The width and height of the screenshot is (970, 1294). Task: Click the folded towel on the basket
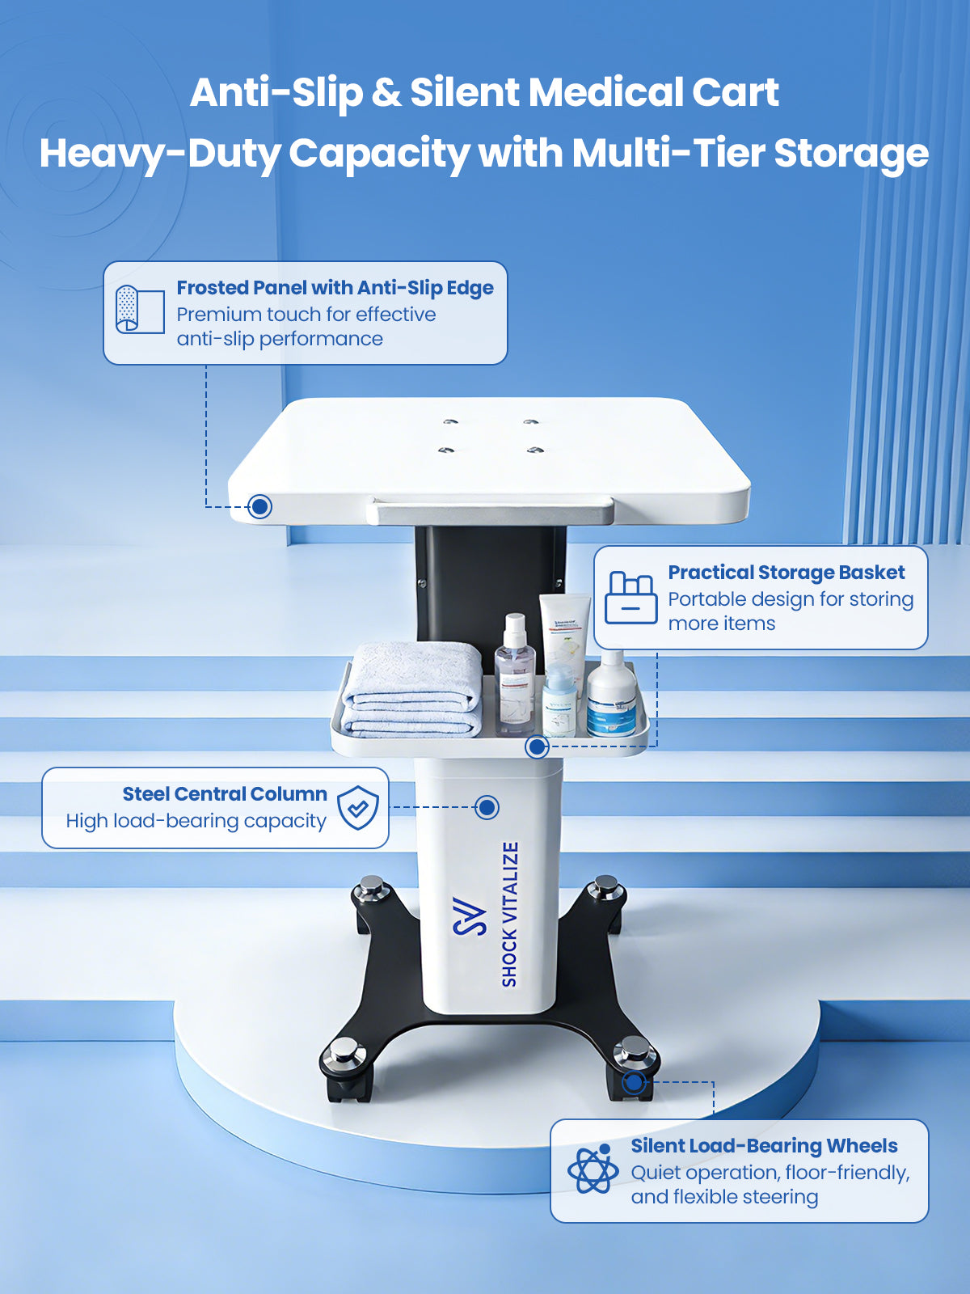[x=412, y=690]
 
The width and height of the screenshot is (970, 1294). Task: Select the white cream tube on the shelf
[x=563, y=643]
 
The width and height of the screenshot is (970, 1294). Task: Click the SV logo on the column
[x=470, y=916]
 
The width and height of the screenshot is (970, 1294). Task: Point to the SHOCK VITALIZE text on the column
[x=509, y=915]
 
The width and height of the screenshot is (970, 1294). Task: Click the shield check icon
[x=357, y=808]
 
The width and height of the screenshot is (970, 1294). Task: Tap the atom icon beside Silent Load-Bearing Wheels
[x=593, y=1170]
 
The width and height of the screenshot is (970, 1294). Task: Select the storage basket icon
[x=631, y=598]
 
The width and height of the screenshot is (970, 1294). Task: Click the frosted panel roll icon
[x=140, y=310]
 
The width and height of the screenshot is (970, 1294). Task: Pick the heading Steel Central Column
[x=225, y=794]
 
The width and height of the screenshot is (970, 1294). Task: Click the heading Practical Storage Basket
[x=787, y=573]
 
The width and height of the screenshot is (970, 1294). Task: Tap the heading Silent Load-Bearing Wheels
[x=764, y=1146]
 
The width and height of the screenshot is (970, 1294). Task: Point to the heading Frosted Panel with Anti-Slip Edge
[x=335, y=288]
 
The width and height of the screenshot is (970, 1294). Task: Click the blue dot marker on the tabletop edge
[x=259, y=505]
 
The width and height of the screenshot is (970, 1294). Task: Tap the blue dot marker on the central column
[x=487, y=807]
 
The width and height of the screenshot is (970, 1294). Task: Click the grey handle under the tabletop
[x=491, y=510]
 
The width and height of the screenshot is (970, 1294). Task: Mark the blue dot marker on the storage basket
[x=537, y=747]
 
